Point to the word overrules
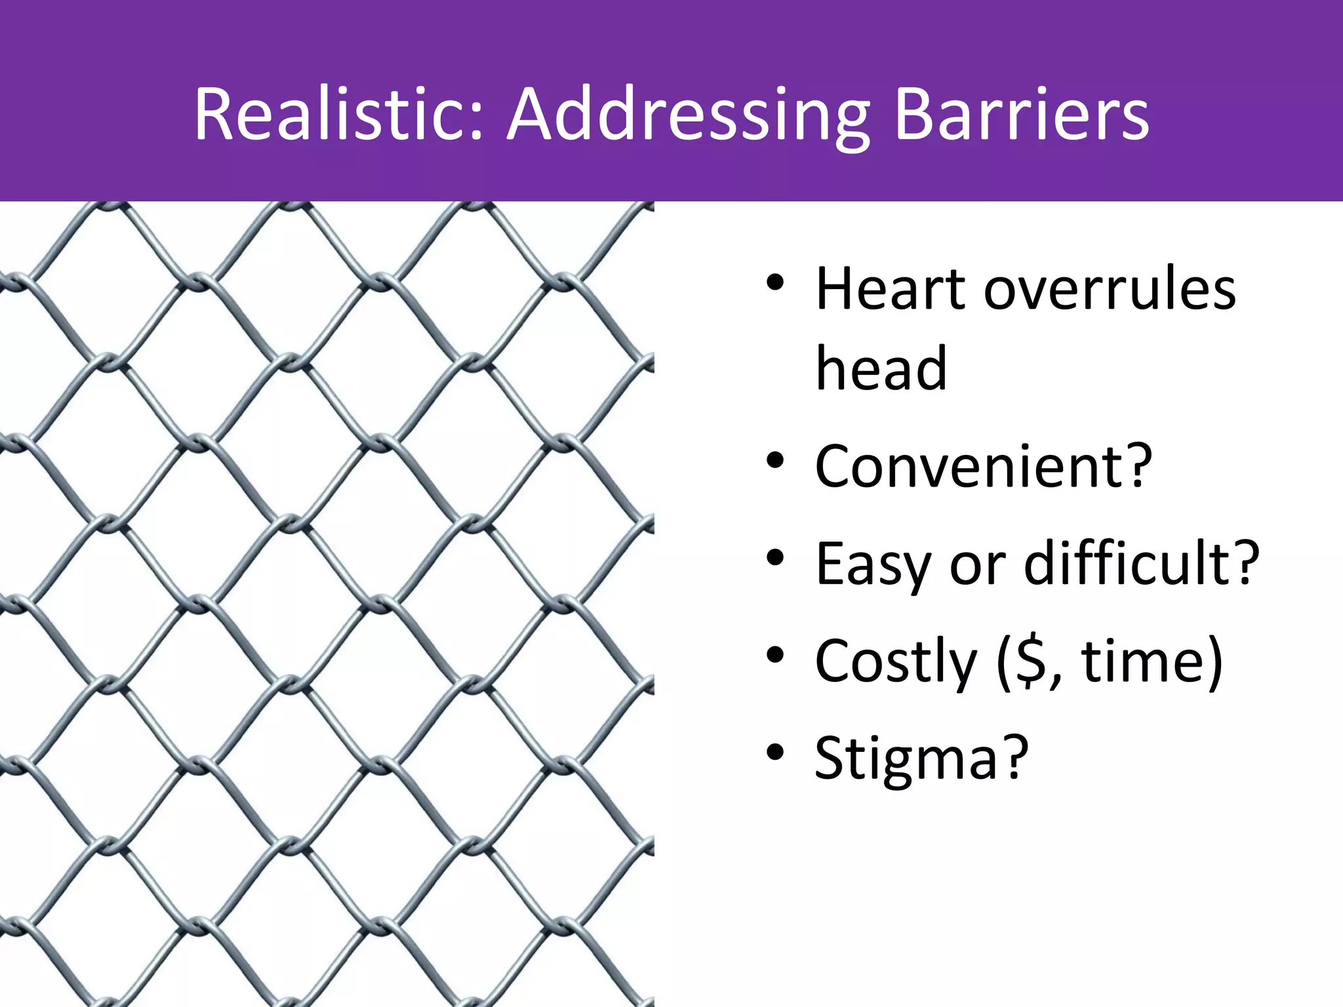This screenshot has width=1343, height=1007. pos(1110,290)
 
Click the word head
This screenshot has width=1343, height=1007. pos(881,368)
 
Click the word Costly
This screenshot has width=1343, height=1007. pos(896,661)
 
